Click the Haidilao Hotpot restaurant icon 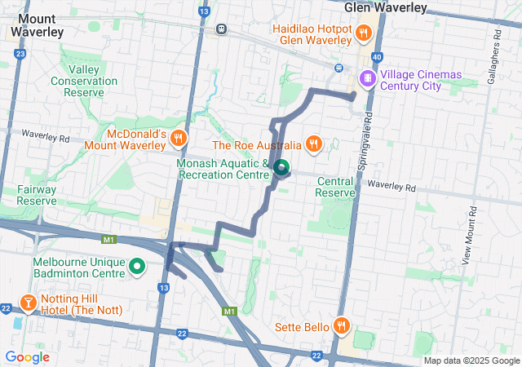(x=364, y=33)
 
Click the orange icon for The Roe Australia (x=314, y=145)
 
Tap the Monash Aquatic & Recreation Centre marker (x=281, y=169)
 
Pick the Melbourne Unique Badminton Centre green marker (x=137, y=267)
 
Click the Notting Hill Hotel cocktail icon (x=28, y=303)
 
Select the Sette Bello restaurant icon (x=342, y=327)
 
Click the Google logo (x=27, y=357)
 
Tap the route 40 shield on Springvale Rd (x=375, y=57)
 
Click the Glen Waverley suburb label (x=386, y=7)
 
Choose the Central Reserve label (x=335, y=187)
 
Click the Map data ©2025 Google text (x=471, y=360)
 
